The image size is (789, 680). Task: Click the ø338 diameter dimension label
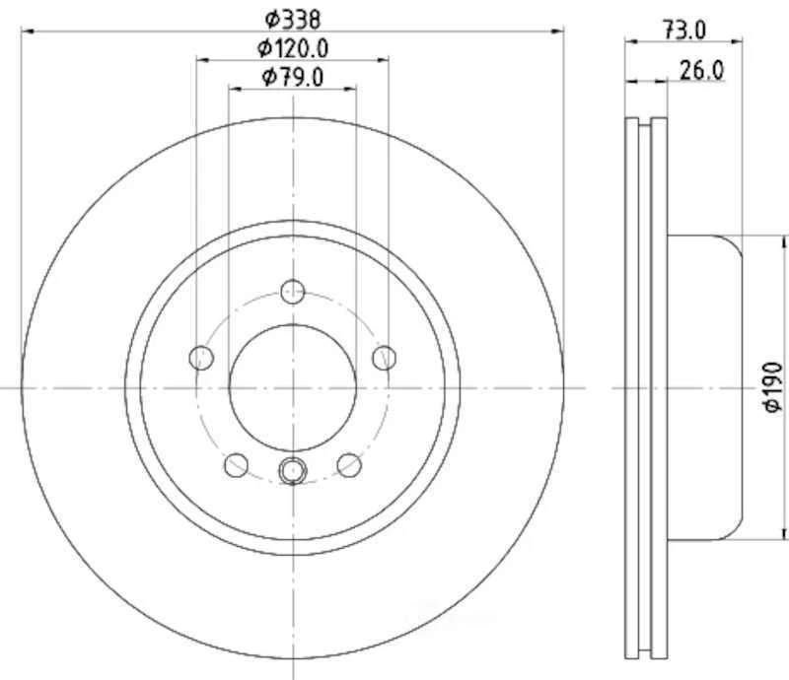pyautogui.click(x=292, y=17)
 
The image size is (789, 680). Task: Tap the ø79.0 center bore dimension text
pyautogui.click(x=293, y=77)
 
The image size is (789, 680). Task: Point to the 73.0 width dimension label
pyautogui.click(x=683, y=30)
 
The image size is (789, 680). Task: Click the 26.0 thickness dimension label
pyautogui.click(x=701, y=69)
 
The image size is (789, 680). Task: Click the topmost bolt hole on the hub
pyautogui.click(x=292, y=291)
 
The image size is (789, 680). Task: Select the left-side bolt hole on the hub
pyautogui.click(x=200, y=356)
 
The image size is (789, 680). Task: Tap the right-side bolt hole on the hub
pyautogui.click(x=385, y=356)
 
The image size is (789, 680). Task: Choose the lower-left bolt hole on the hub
pyautogui.click(x=236, y=463)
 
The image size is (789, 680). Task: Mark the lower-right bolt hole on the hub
pyautogui.click(x=348, y=463)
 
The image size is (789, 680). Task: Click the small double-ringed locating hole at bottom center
pyautogui.click(x=292, y=471)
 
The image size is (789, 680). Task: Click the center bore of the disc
pyautogui.click(x=292, y=386)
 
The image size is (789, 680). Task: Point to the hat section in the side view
pyautogui.click(x=705, y=386)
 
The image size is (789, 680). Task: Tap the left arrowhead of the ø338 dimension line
pyautogui.click(x=27, y=32)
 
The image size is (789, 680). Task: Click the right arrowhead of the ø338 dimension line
pyautogui.click(x=558, y=32)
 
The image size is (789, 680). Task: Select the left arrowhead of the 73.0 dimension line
pyautogui.click(x=632, y=41)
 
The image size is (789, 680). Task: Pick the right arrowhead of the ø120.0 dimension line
pyautogui.click(x=384, y=60)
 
